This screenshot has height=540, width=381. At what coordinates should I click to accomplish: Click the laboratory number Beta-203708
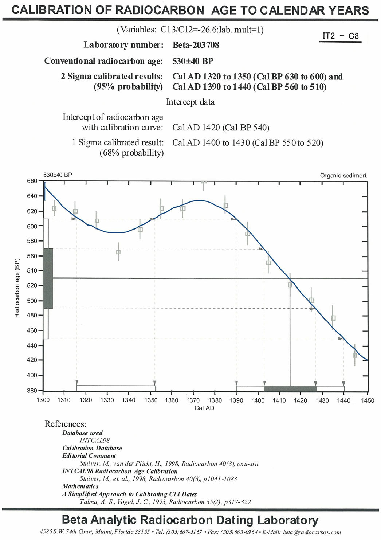[196, 45]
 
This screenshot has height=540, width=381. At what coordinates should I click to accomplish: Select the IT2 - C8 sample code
[340, 36]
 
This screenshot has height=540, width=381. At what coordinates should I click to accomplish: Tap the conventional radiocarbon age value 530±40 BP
[192, 61]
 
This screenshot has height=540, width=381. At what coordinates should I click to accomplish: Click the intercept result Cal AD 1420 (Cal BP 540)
[220, 128]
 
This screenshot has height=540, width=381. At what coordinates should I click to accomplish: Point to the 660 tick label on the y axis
[32, 181]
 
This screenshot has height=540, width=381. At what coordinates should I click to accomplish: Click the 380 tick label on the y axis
[32, 390]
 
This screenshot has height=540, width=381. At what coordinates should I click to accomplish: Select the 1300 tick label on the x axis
[43, 400]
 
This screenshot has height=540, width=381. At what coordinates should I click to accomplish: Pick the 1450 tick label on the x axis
[368, 400]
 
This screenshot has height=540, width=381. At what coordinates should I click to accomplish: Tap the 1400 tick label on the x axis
[258, 400]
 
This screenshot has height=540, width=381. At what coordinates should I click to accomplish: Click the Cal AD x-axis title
[204, 408]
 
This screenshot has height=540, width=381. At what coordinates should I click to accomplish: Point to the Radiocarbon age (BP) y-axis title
[17, 288]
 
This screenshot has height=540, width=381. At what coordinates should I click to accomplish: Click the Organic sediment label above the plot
[343, 176]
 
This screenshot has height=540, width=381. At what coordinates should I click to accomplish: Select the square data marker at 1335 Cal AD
[118, 252]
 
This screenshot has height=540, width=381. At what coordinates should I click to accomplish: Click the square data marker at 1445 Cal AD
[355, 355]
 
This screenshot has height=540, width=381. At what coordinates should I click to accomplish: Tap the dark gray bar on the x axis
[290, 388]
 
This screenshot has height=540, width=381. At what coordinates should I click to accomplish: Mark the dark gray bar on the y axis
[48, 278]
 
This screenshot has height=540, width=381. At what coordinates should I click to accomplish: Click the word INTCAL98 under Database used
[95, 441]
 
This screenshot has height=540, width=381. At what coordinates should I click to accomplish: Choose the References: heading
[66, 424]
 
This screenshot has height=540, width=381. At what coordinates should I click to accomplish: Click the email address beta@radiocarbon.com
[312, 532]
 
